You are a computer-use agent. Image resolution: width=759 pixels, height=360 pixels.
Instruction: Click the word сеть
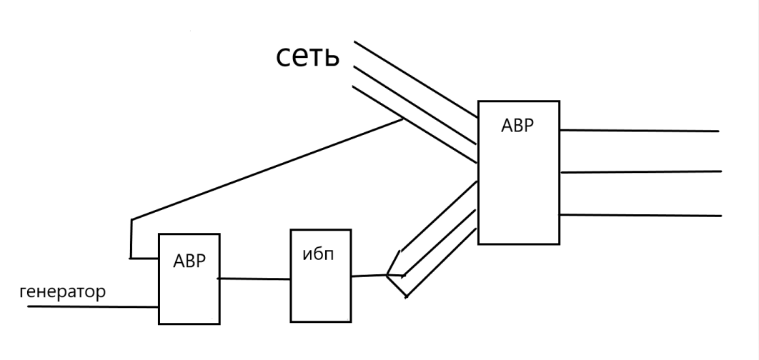(x=307, y=56)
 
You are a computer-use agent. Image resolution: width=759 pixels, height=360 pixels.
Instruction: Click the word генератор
(x=62, y=292)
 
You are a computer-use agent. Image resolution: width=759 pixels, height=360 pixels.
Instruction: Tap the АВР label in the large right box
(x=517, y=126)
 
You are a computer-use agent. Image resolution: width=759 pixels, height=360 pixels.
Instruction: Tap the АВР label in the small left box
(x=189, y=261)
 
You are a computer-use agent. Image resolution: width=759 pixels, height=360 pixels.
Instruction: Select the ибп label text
(x=318, y=254)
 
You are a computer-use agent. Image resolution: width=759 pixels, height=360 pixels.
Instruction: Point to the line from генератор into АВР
(x=93, y=306)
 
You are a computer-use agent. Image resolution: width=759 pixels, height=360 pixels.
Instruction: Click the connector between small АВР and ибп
(x=254, y=279)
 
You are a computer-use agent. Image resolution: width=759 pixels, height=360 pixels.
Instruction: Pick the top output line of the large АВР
(x=640, y=131)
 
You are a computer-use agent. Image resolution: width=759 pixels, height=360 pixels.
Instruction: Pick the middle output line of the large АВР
(x=640, y=171)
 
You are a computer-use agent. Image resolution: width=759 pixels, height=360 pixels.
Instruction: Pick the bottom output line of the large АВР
(x=640, y=215)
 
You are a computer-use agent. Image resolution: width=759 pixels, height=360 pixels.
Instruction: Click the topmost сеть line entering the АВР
(x=416, y=79)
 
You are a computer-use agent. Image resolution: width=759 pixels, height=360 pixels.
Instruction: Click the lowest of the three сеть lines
(x=415, y=125)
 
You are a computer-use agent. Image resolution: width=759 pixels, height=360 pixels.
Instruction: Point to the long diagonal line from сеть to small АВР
(x=267, y=169)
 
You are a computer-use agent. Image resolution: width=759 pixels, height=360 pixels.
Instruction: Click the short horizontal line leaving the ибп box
(x=369, y=276)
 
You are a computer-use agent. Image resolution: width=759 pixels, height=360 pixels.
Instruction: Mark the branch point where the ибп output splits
(x=387, y=275)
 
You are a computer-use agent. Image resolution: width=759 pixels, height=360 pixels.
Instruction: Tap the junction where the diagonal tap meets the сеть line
(x=403, y=119)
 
